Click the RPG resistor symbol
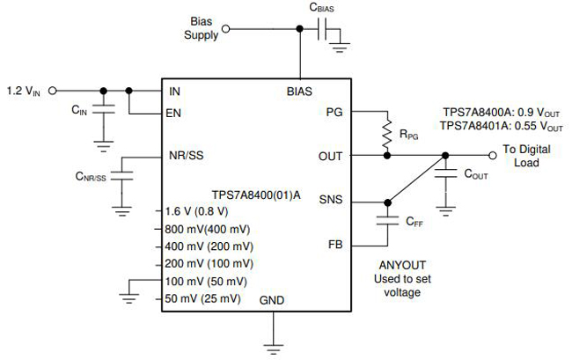(x=387, y=133)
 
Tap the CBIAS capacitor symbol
(x=322, y=29)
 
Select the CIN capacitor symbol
(x=104, y=108)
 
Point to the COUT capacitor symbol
(x=445, y=173)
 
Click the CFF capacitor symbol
(x=387, y=220)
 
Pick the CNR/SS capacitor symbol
(x=121, y=175)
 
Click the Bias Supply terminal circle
(x=226, y=29)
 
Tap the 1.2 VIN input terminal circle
(x=53, y=91)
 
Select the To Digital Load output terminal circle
(x=493, y=156)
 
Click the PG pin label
(x=334, y=113)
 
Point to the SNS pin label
(x=331, y=200)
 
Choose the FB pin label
(x=335, y=245)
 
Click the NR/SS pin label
(x=186, y=156)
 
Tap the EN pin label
(x=173, y=113)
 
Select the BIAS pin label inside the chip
(x=299, y=92)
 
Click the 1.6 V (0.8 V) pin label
(x=196, y=211)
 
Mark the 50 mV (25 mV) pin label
(x=202, y=298)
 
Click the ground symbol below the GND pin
(x=273, y=349)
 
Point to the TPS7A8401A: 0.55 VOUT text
(x=502, y=126)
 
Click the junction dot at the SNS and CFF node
(x=387, y=202)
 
